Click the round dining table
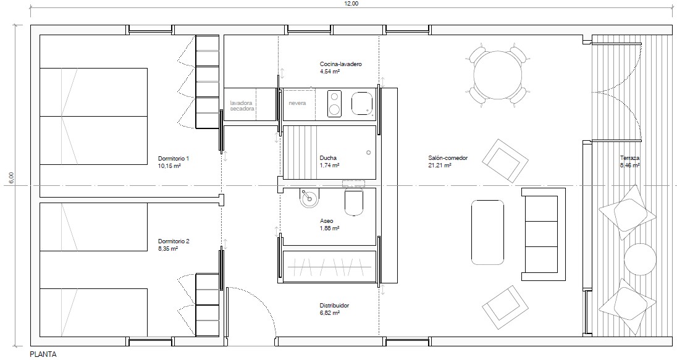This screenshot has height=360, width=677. pos(498,75)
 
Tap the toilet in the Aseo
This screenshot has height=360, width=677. pos(354,201)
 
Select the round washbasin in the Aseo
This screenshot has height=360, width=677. pos(308,198)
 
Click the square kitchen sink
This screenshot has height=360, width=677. pos(362,104)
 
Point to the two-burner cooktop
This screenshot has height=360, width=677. pos(334,103)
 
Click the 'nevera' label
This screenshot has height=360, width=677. pos(297,103)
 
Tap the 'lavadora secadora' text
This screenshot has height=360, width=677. pos(242,106)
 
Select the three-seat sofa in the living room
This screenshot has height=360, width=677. pos(544,235)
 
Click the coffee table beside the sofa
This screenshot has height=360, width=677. pos(487,232)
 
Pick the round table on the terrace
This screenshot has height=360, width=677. pos(641,259)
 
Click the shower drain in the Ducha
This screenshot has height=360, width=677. pos(368,153)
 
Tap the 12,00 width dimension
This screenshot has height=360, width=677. pos(351,4)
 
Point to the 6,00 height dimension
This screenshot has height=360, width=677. pos(12,178)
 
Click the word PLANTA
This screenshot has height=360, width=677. pos(43,354)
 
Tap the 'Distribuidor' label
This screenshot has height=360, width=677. pos(335,306)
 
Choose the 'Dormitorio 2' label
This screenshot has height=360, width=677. pos(174,241)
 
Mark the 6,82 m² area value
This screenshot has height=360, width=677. pos(330,313)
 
